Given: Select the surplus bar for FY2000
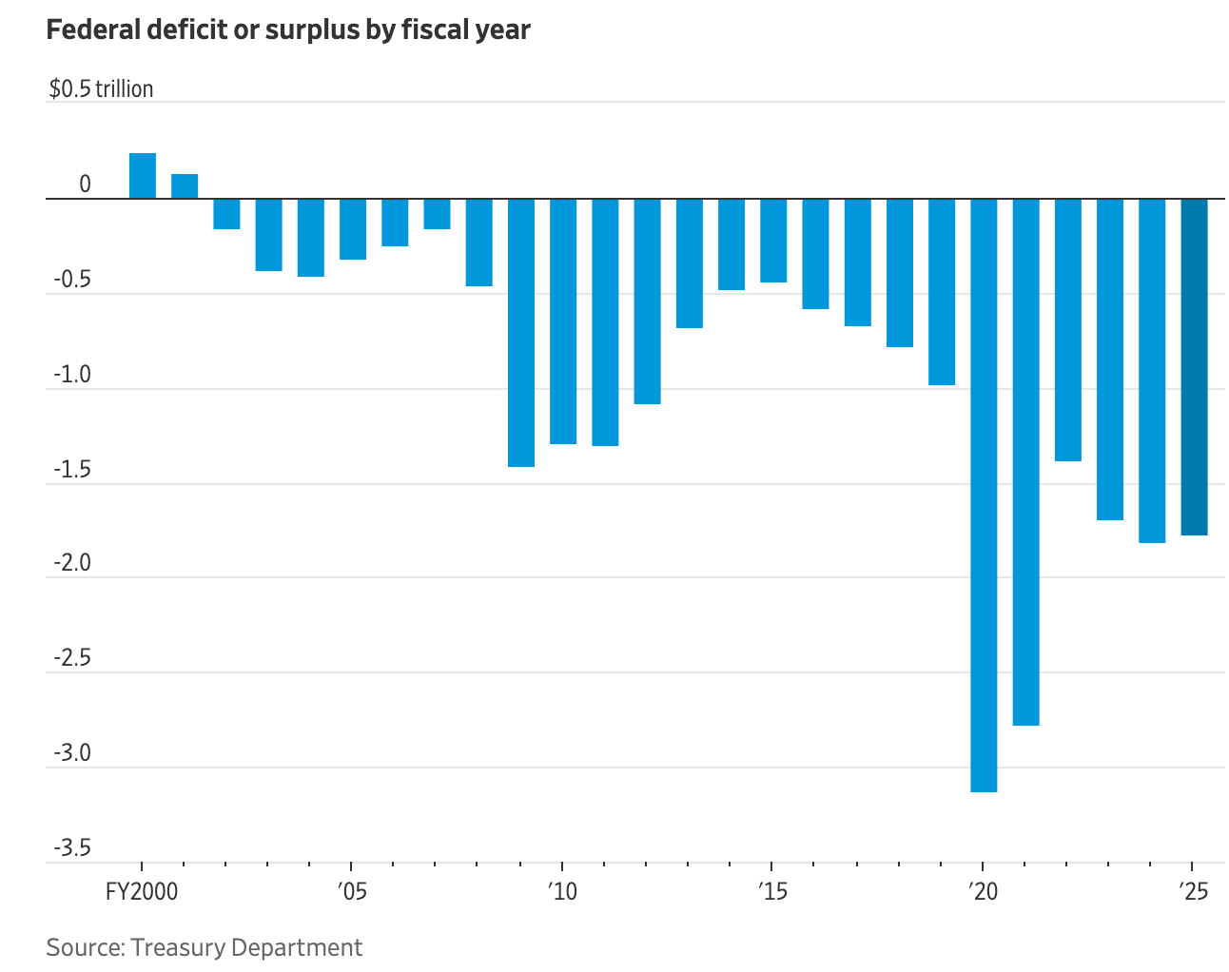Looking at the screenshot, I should (143, 176).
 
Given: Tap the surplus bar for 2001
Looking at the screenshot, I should (185, 186).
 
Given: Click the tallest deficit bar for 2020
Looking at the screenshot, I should (984, 495).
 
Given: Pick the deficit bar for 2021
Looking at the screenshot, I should (1025, 461).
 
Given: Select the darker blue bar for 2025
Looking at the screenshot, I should (1194, 366).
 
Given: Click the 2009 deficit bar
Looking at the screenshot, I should (521, 333).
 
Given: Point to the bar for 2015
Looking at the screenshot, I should (773, 241).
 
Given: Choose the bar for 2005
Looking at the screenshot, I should (353, 229).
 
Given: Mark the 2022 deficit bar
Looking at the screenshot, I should (1067, 330).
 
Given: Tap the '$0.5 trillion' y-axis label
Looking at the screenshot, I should (101, 89).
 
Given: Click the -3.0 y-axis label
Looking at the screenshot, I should (72, 753).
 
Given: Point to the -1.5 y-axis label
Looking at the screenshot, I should (72, 470).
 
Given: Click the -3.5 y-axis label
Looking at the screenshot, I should (72, 847).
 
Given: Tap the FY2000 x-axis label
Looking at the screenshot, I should (142, 892).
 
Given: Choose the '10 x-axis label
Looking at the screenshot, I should (561, 892).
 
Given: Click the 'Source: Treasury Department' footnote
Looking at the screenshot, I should (204, 947).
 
